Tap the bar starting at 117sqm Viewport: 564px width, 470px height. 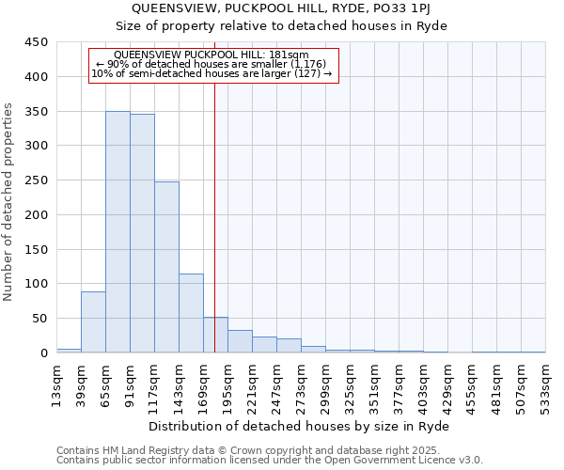166,267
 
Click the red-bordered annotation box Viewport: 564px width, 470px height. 212,66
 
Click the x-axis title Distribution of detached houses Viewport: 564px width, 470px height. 300,426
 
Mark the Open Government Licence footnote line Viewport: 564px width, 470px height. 270,460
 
